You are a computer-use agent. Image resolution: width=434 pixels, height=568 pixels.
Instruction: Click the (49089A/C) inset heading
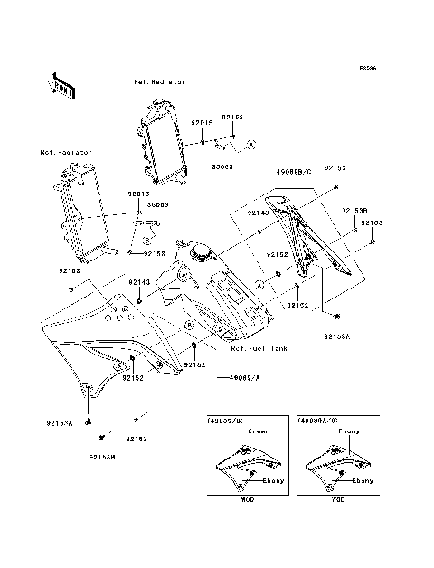point(317,421)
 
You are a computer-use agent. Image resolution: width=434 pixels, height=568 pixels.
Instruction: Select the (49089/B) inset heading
point(225,421)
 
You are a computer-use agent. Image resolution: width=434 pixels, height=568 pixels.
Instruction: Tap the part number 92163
point(372,222)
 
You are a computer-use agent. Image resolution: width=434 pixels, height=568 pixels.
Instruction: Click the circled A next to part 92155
point(252,143)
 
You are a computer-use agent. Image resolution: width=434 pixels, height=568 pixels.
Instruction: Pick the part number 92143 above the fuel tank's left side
point(138,282)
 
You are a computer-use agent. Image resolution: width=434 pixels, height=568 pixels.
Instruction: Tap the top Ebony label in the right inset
point(348,431)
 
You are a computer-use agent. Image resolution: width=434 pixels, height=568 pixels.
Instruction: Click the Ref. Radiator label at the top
point(160,81)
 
